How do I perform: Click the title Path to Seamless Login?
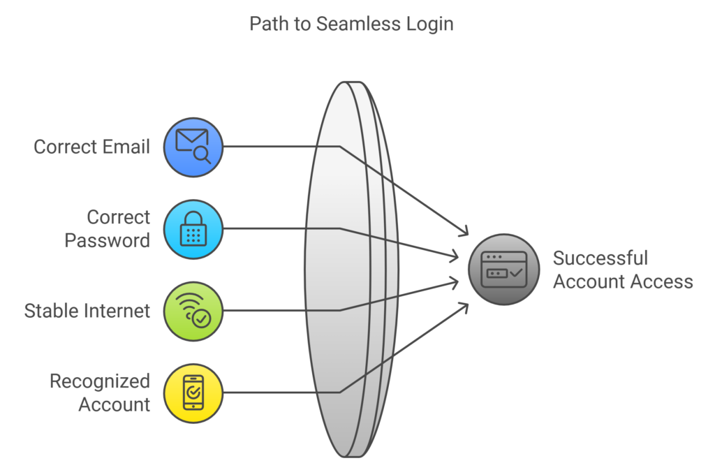(351, 24)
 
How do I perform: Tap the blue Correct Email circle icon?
(193, 147)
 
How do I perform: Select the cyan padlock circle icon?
(193, 229)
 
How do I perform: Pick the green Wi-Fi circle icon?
(193, 311)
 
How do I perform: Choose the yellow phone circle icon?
(193, 392)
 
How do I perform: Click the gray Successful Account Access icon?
(504, 270)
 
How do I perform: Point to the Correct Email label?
(91, 147)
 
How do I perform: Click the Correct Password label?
(108, 229)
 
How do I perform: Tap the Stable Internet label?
(87, 311)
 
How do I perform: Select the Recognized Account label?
(100, 392)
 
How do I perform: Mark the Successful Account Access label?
(622, 270)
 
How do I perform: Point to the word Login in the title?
(429, 24)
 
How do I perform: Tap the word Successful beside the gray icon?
(600, 258)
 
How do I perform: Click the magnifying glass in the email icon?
(203, 155)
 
